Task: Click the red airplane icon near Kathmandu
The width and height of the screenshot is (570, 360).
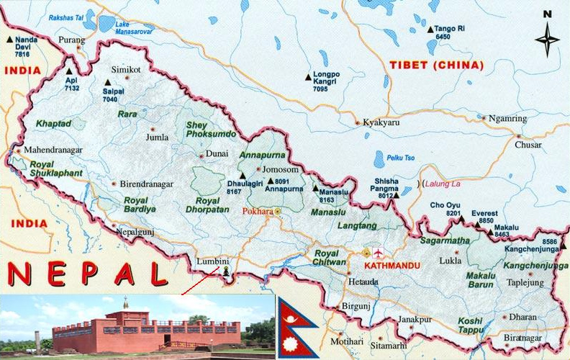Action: pos(379,253)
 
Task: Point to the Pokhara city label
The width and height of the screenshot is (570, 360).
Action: pos(257,212)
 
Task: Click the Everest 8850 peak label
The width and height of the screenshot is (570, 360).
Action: pos(483,217)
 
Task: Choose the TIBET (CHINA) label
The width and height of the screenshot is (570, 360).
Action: pos(436,65)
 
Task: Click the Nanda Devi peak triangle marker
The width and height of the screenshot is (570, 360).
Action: pos(9,40)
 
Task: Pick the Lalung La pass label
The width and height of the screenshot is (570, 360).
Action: pos(443,184)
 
